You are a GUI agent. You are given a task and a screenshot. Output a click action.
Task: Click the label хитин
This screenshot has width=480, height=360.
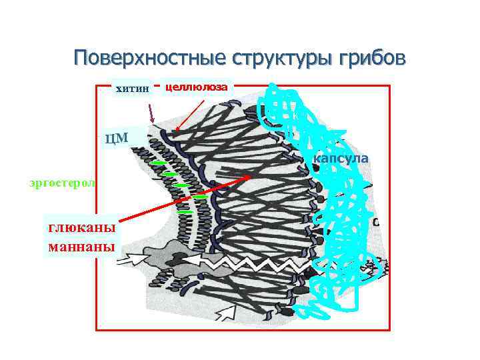(x=133, y=87)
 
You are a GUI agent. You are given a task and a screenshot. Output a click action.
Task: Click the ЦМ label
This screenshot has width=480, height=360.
(x=117, y=139)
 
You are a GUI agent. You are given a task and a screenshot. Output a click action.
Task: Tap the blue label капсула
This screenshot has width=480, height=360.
(x=340, y=159)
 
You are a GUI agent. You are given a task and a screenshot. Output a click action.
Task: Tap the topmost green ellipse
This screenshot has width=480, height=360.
(x=157, y=163)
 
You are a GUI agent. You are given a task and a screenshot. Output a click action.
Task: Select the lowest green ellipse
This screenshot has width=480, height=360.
(x=186, y=212)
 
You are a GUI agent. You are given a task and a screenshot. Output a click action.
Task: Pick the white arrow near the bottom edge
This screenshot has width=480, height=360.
(x=227, y=310)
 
